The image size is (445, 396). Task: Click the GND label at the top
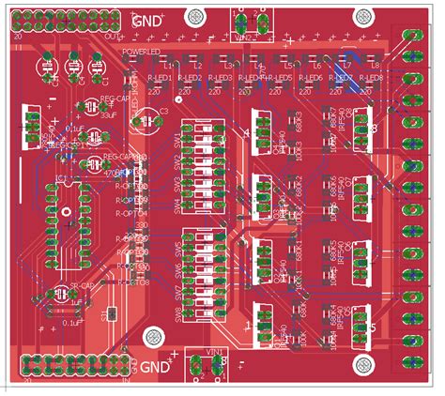[x=146, y=20]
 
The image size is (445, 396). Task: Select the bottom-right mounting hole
[x=360, y=363]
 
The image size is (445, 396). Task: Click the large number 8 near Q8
[x=373, y=129]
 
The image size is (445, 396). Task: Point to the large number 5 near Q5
[x=373, y=327]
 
